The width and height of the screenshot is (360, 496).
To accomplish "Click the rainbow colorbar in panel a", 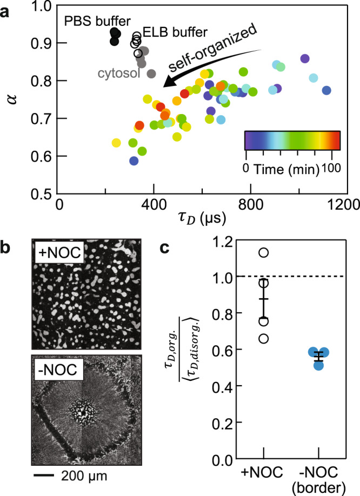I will point(292,139).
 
